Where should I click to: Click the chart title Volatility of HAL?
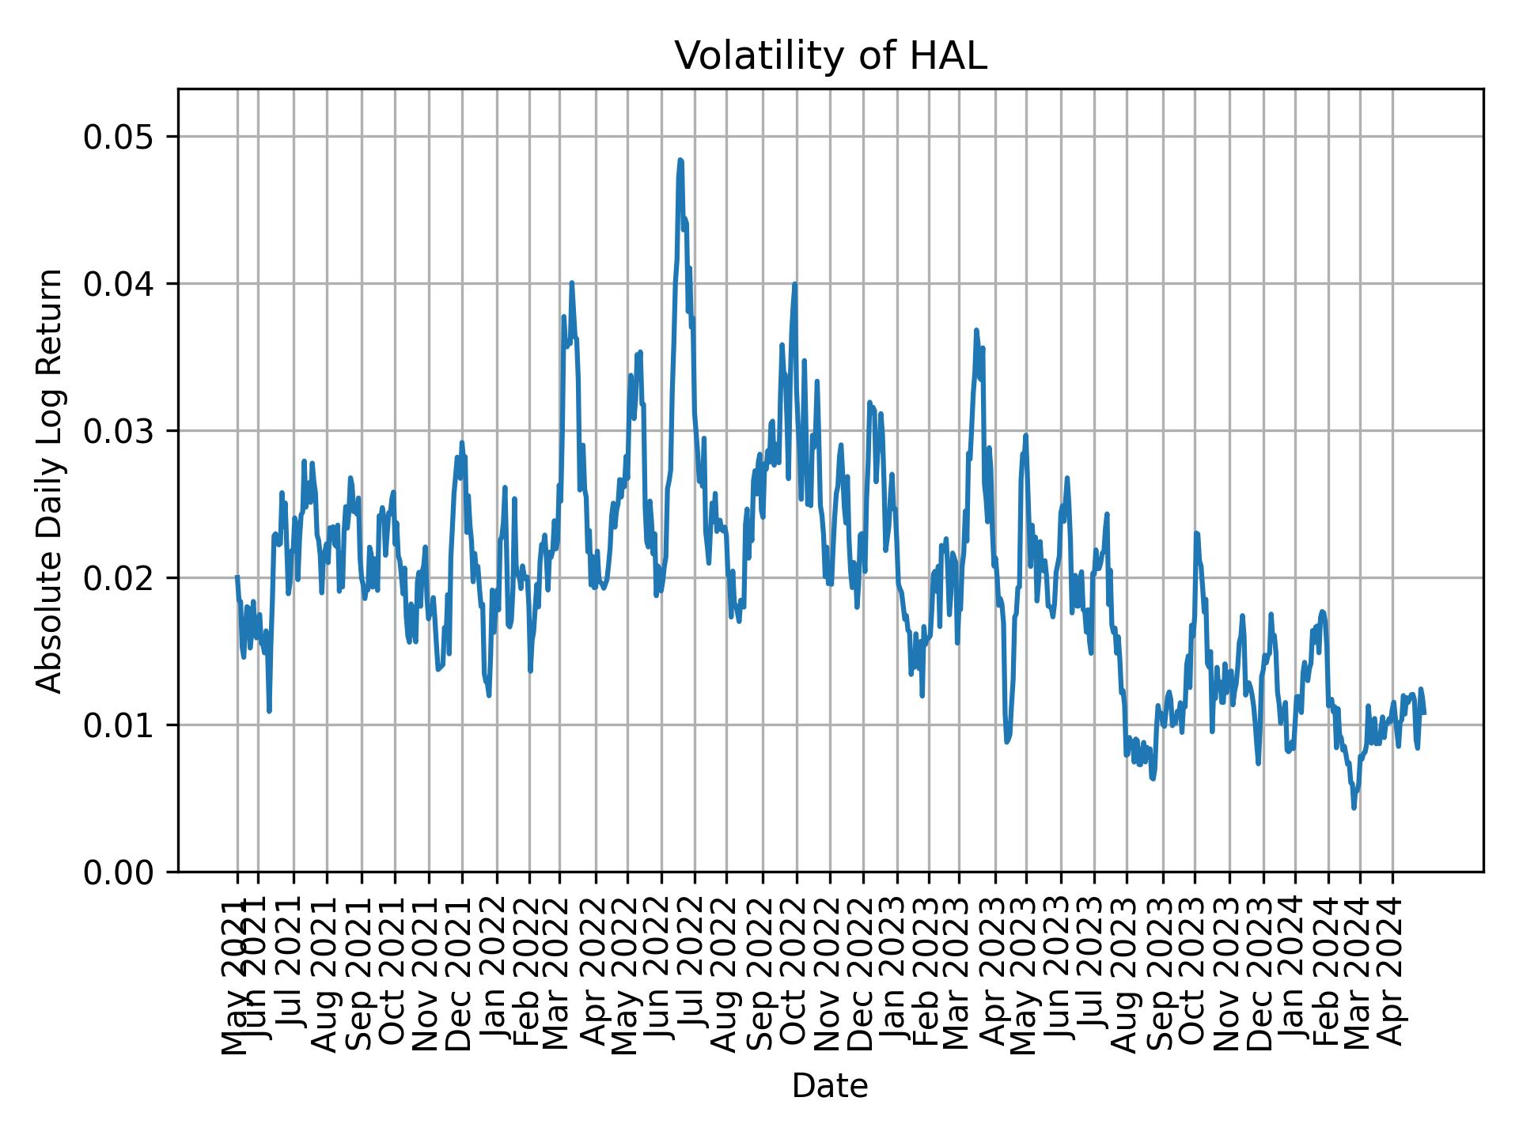830,57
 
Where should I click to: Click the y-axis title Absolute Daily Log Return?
51,480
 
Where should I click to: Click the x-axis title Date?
830,1086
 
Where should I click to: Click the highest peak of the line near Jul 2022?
680,160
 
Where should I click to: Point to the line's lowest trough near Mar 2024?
1354,808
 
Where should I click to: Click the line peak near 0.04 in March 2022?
571,282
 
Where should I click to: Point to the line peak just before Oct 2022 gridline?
794,284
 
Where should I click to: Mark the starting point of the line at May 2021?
237,577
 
